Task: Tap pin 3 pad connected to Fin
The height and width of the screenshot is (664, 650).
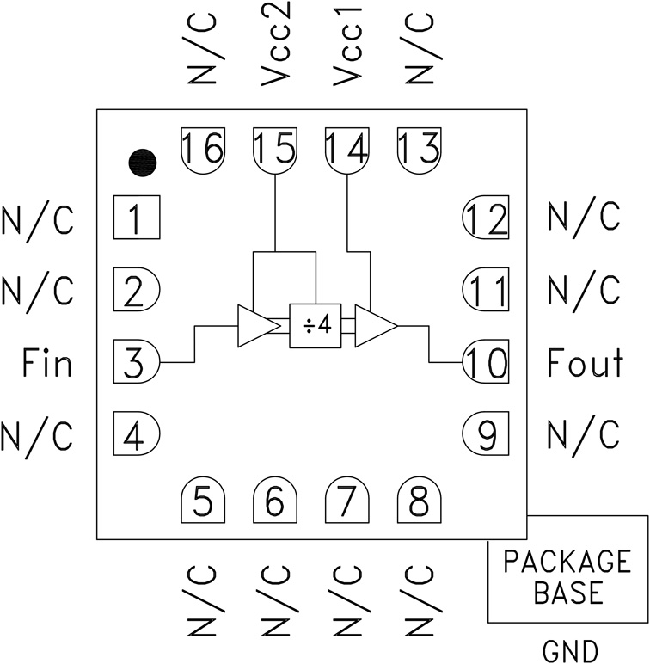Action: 136,362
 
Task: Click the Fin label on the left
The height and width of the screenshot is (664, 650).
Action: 46,364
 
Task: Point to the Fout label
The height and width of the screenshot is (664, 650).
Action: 585,364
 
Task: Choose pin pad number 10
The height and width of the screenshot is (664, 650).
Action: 486,362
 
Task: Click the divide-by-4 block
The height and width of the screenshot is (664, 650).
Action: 315,326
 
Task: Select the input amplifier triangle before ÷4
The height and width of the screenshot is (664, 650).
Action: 255,326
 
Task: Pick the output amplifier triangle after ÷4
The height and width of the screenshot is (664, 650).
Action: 374,326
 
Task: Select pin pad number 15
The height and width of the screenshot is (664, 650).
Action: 274,148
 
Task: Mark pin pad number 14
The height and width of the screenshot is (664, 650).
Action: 346,148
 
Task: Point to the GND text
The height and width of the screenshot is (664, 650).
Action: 570,649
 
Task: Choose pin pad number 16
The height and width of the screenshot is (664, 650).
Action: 203,148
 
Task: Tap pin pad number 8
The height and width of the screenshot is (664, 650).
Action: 419,501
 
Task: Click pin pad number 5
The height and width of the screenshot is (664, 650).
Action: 203,501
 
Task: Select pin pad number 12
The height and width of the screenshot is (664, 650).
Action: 486,220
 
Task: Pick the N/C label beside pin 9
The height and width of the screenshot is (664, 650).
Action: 583,435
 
